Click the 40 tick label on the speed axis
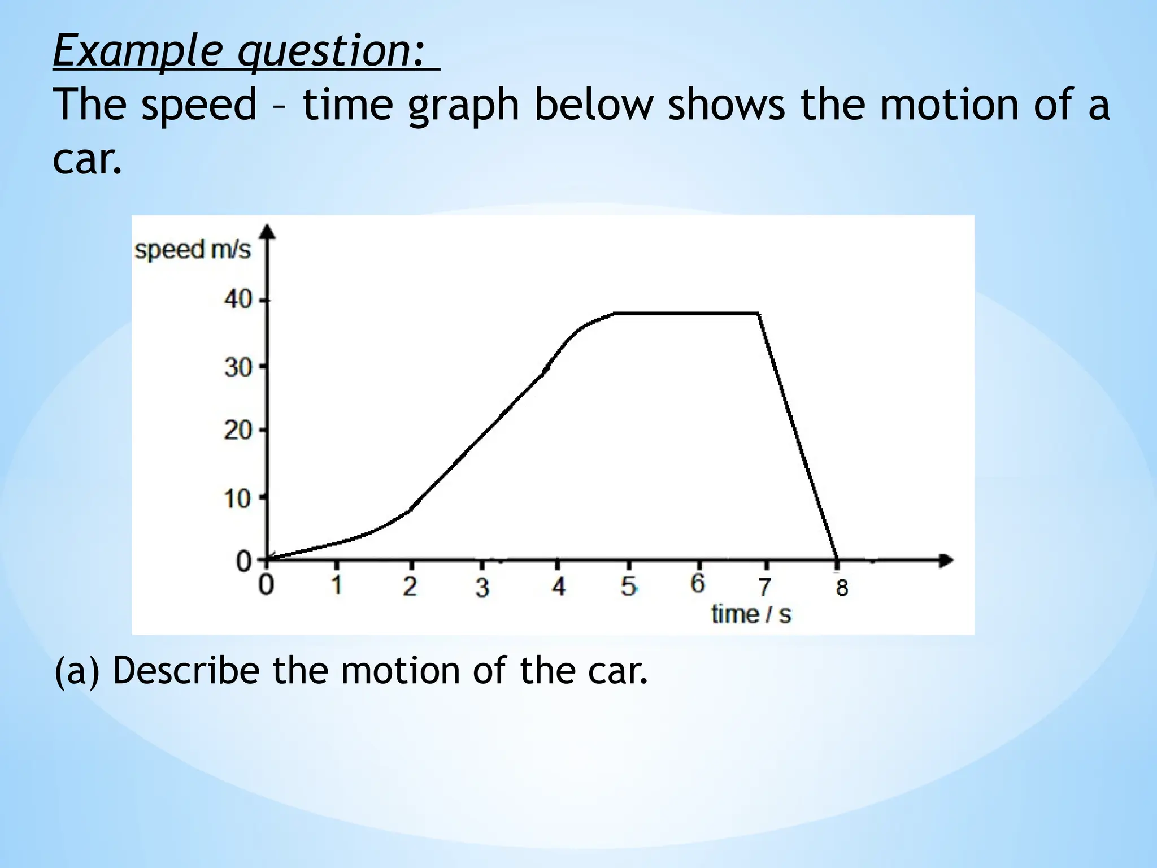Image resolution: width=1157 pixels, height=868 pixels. coord(237,300)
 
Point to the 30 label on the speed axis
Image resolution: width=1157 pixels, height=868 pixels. coord(237,368)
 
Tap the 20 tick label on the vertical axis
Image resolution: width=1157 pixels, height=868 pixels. coord(237,431)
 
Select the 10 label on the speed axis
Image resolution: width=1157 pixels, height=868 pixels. coord(237,499)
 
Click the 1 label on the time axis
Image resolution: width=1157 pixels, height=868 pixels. coord(337,585)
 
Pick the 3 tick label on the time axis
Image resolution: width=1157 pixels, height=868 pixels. coord(481,588)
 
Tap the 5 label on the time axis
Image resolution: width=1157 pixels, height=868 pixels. coord(628,587)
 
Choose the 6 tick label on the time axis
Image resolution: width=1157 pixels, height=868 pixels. coord(698,584)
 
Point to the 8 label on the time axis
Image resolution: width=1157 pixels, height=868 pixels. coord(842,589)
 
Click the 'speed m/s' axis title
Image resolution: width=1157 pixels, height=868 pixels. coord(192,250)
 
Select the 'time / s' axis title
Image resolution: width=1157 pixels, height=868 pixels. coord(751,615)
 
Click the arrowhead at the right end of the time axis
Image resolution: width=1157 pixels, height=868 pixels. coord(946,561)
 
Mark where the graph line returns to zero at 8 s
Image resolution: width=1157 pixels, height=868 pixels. coord(837,559)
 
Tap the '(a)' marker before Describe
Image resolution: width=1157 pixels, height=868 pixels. coord(77,671)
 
